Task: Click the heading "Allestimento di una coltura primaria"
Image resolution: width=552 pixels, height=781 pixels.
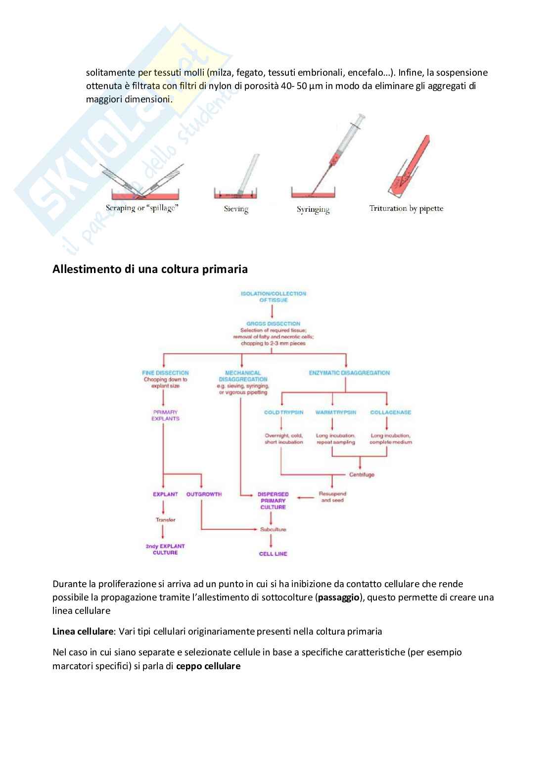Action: (150, 270)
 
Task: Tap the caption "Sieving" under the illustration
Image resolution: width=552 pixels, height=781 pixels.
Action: (236, 209)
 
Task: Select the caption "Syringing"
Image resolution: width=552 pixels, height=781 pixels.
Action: (313, 210)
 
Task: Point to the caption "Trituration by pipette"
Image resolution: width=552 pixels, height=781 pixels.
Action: (406, 208)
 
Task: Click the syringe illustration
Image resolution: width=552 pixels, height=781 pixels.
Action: (341, 148)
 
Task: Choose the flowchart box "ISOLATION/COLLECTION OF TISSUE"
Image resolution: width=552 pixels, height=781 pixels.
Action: (273, 297)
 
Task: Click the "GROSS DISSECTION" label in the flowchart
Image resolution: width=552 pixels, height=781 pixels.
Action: (273, 323)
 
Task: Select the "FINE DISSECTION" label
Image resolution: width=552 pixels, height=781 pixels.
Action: (165, 373)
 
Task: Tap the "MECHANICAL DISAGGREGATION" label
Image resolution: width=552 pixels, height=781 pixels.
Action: (242, 376)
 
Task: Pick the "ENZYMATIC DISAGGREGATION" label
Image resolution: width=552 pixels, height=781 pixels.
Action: (349, 373)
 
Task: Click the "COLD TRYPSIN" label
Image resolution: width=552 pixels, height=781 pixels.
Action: (283, 412)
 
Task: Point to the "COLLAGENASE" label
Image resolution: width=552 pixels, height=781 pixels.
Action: (390, 412)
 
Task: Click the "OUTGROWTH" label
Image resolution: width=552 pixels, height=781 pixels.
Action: (204, 494)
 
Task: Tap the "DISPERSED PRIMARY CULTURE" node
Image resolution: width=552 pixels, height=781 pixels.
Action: (273, 501)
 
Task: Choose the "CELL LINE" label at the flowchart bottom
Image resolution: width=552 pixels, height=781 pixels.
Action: (273, 554)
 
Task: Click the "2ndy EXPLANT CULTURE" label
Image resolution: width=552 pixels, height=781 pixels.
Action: (165, 549)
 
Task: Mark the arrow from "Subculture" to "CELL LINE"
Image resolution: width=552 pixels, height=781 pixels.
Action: (272, 541)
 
